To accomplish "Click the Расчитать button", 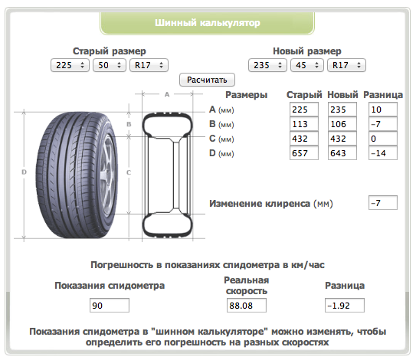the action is coord(207,80).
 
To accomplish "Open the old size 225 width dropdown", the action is coord(70,65).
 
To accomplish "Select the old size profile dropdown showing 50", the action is coord(110,65).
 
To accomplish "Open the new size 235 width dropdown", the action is coord(267,65).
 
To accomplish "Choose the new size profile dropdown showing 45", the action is coord(307,65).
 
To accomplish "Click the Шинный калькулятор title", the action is coord(208,23).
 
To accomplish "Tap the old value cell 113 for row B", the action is coord(304,124).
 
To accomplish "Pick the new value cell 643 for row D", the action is coord(342,153).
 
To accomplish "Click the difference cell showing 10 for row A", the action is coord(383,110).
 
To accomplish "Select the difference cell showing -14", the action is coord(383,153).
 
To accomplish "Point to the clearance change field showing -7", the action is coord(383,203).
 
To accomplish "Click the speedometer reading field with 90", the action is coord(110,306).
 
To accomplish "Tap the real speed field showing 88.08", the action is coord(247,306).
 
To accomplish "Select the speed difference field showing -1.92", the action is coord(344,306).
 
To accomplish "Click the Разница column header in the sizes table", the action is coord(383,95).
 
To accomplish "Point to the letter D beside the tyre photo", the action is coord(24,172).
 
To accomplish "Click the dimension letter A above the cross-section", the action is coord(167,94).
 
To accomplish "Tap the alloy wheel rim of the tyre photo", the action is coord(108,175).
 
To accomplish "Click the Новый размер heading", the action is coord(307,51).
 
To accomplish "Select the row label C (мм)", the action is coord(221,139).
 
